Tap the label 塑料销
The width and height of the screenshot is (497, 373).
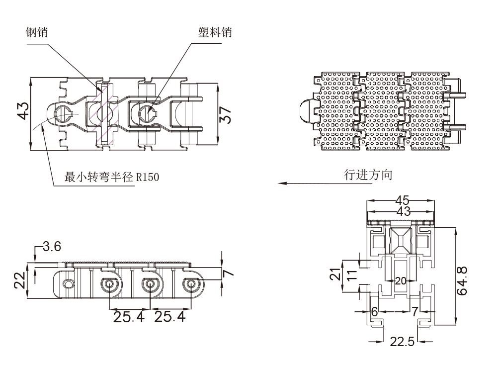[x=212, y=33]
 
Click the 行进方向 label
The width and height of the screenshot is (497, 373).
[x=368, y=175]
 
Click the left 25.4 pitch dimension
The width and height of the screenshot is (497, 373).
[x=129, y=316]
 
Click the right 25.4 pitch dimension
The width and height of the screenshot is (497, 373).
[x=169, y=316]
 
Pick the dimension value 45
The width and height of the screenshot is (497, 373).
[x=402, y=200]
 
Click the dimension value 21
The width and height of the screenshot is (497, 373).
[x=336, y=274]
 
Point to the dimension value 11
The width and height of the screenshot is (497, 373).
[x=350, y=275]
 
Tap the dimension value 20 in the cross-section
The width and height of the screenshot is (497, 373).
[x=401, y=280]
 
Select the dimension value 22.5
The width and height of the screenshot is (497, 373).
[x=401, y=342]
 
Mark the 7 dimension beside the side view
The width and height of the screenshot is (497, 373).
[x=228, y=273]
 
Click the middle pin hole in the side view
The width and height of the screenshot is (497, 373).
[x=149, y=285]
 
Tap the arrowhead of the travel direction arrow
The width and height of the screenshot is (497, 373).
[x=281, y=183]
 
